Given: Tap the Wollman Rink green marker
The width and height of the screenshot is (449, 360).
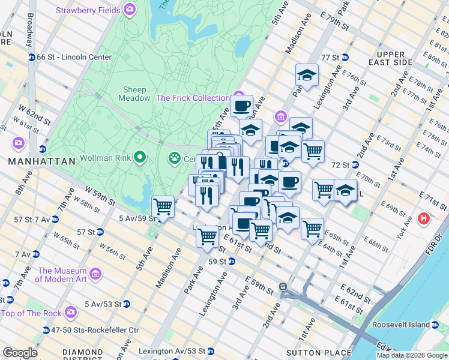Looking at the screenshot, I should (x=140, y=157).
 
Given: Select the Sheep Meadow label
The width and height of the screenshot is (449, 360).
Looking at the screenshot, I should (x=134, y=94).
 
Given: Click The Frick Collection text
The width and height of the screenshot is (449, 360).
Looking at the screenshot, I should (x=192, y=98).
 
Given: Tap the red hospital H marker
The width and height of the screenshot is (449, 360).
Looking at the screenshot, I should (x=424, y=219).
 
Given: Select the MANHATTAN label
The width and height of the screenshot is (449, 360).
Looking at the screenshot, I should (x=41, y=161).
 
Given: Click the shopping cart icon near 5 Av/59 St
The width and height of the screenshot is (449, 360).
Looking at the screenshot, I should (x=163, y=206).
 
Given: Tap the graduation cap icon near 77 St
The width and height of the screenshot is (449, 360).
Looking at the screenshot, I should (x=307, y=75).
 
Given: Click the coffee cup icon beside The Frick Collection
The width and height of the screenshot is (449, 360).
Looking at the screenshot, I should (x=241, y=106).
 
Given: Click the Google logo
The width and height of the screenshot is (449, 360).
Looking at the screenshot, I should (x=20, y=353).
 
